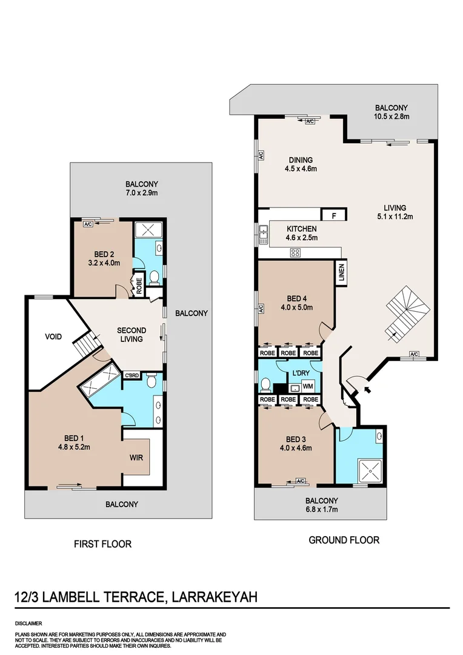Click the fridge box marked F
333,215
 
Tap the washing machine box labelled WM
308,386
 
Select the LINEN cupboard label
341,272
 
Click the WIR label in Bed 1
136,457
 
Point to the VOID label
53,336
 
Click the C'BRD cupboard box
132,375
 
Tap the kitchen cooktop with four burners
295,252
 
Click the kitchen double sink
263,235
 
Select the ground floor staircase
407,314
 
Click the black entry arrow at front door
367,390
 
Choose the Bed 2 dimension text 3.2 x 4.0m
104,263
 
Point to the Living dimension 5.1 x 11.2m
395,217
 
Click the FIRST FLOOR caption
102,544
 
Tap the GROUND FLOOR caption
344,540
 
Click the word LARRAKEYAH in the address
215,597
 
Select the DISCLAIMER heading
28,623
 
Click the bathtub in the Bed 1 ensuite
101,381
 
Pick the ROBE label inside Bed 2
139,286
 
